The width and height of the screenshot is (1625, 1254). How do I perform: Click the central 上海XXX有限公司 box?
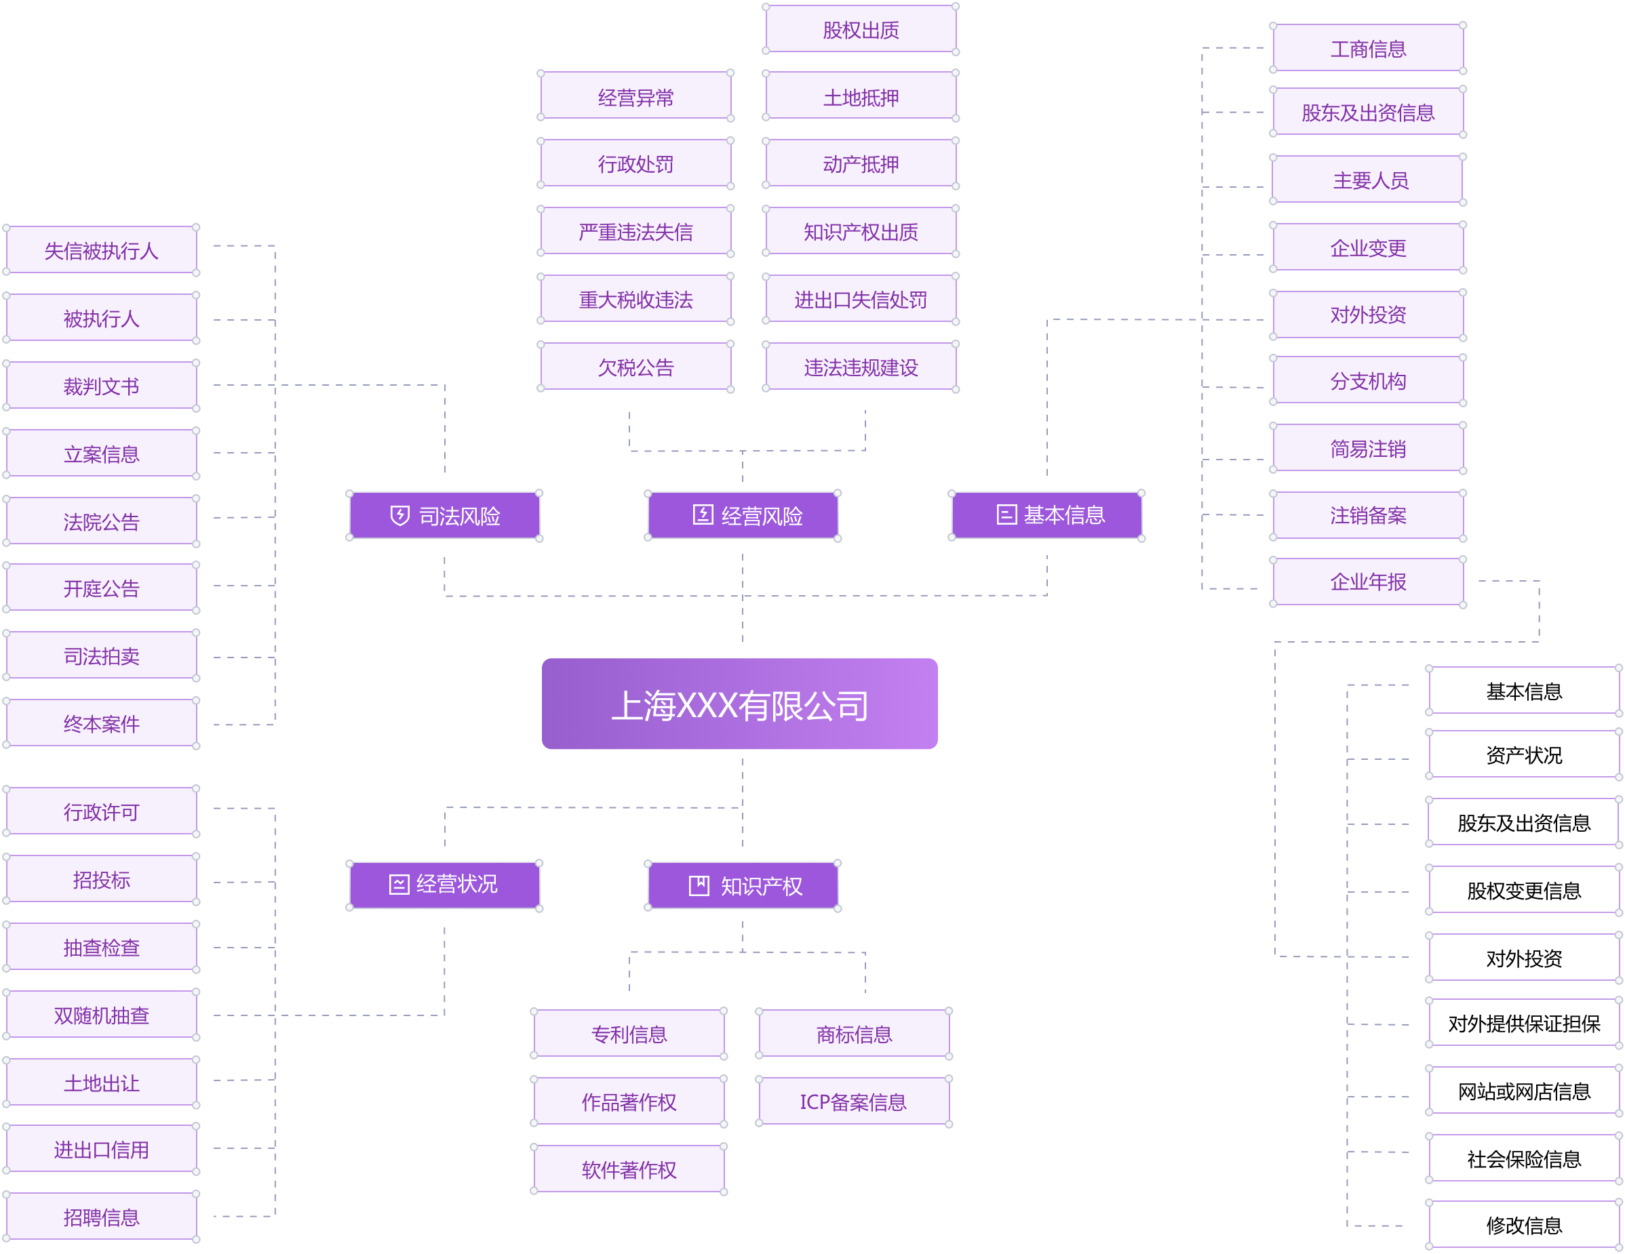coord(739,704)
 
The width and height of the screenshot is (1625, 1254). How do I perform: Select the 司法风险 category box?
coord(445,515)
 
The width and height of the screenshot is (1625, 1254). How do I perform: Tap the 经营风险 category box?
coord(743,515)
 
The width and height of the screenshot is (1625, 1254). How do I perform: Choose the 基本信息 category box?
coord(1047,514)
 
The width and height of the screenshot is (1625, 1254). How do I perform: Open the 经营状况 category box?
coord(445,885)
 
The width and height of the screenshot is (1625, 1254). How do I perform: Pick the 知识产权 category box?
coord(743,886)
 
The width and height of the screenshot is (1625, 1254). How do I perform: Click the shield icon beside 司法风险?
coord(399,515)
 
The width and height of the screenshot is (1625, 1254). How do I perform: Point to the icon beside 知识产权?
coord(699,886)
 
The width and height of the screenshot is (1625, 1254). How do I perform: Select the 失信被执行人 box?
coord(101,251)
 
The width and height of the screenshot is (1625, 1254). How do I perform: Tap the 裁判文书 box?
coord(101,386)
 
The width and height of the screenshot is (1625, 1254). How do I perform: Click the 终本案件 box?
coord(101,724)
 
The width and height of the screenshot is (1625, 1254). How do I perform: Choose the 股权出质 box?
coord(861,30)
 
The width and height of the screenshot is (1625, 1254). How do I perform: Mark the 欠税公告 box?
coord(635,367)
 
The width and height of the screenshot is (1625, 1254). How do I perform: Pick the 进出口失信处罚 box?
coord(861,300)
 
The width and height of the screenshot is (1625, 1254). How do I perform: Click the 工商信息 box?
coord(1367,49)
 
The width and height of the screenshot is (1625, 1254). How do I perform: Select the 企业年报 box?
coord(1367,582)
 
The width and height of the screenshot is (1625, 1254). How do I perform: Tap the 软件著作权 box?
coord(629,1170)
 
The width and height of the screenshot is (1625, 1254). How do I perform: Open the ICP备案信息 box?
coord(853,1101)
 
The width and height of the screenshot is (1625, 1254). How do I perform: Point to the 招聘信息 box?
coord(101,1217)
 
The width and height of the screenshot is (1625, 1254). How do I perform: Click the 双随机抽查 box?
coord(101,1015)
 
